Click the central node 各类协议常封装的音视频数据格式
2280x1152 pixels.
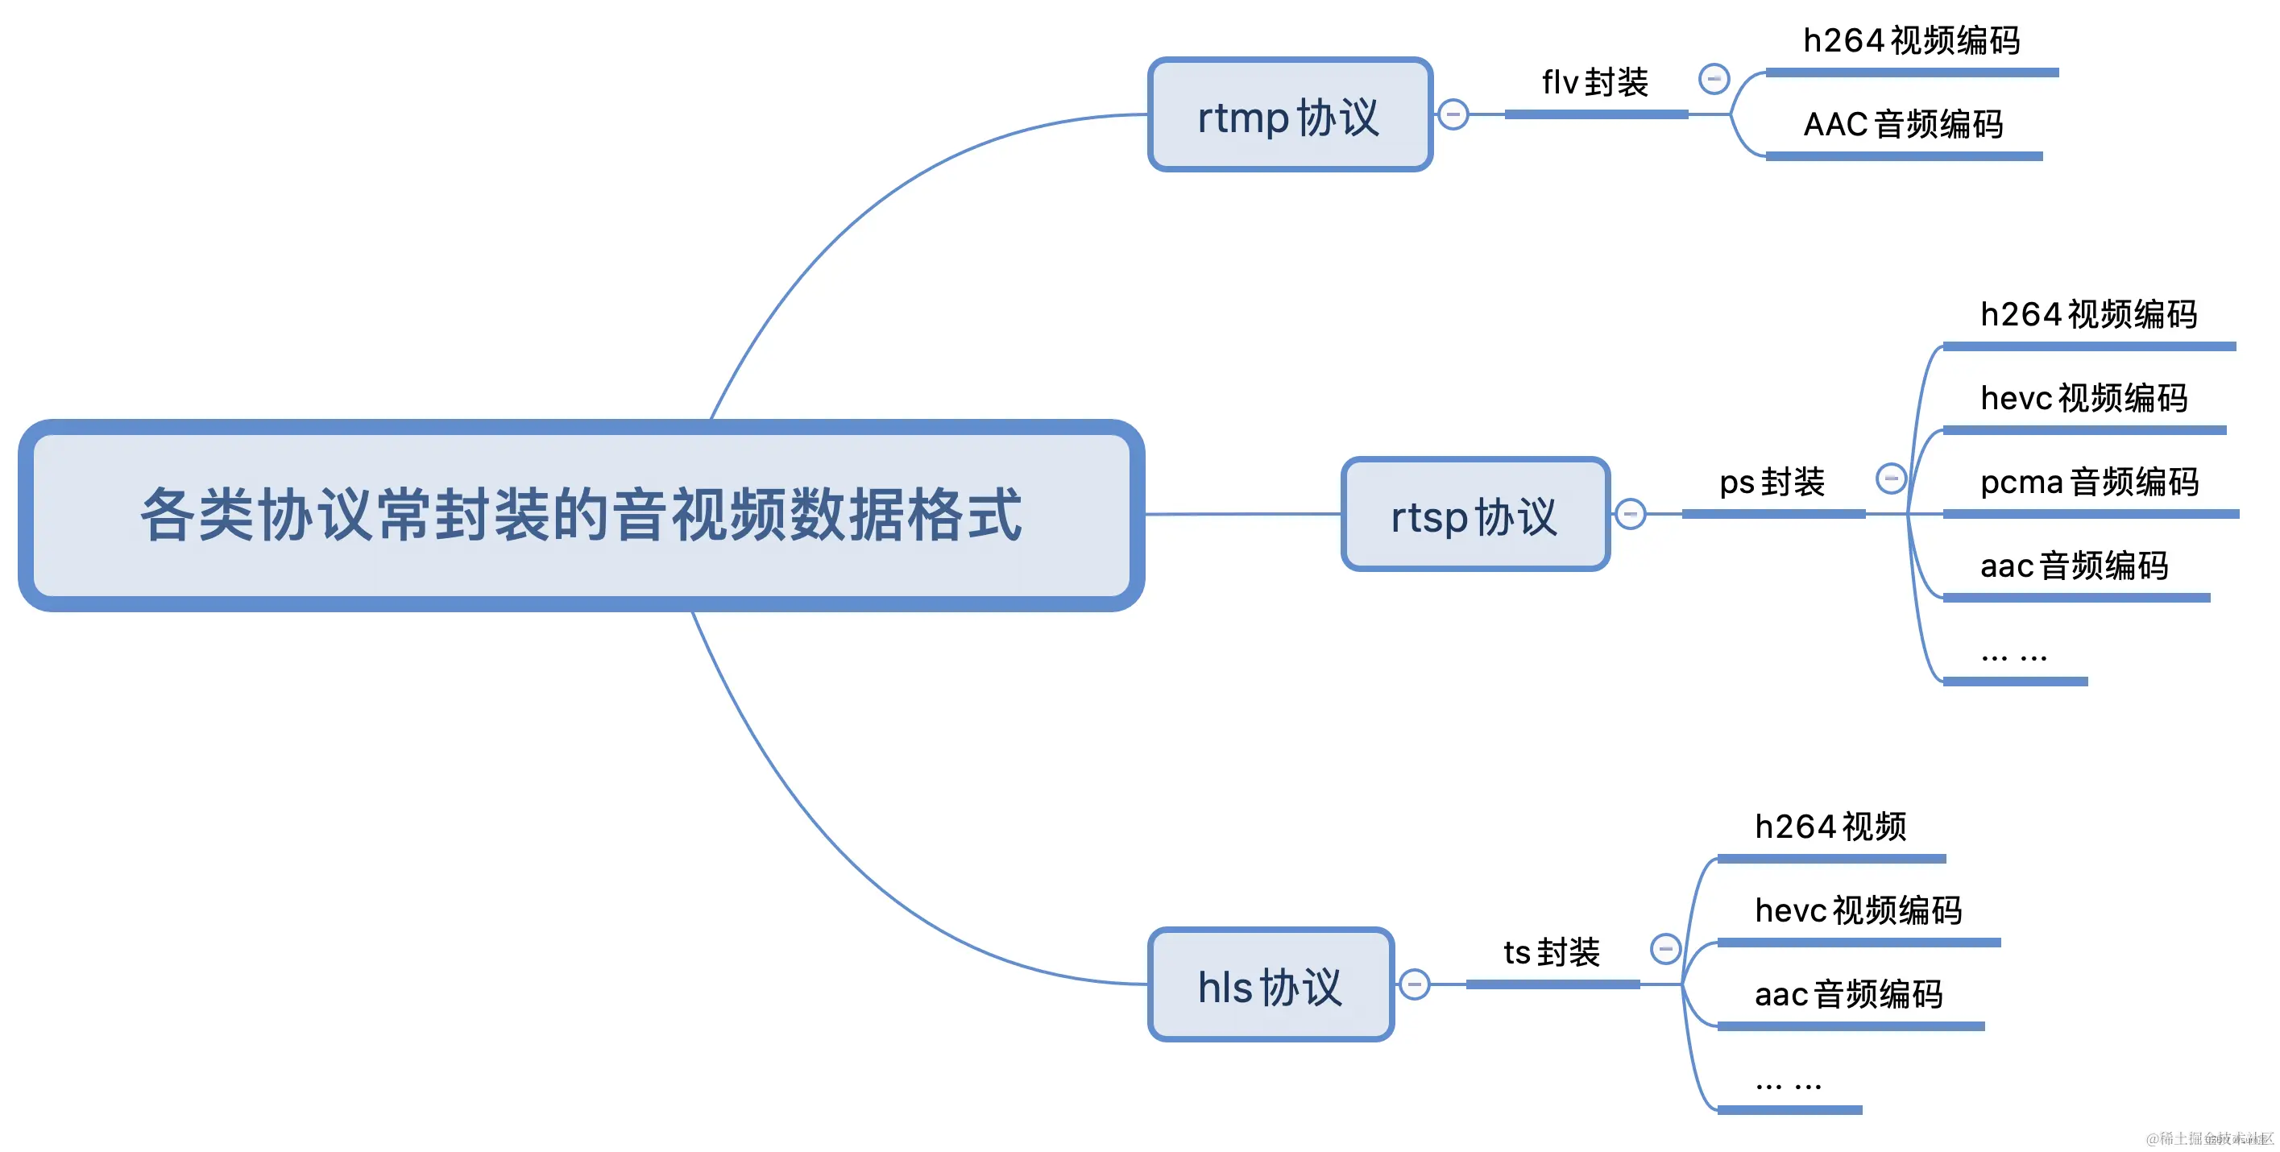coord(581,515)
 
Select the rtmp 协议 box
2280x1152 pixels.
coord(1289,115)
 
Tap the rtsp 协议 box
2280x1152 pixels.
coord(1474,515)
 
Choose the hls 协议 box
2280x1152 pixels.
coord(1270,984)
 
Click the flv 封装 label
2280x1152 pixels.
coord(1595,83)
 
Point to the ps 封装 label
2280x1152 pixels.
coord(1772,483)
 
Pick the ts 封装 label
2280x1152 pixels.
coord(1552,952)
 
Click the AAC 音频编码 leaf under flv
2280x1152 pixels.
coord(1903,125)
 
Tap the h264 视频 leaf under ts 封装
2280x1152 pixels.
coord(1830,827)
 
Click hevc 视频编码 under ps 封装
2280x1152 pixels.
coord(2083,398)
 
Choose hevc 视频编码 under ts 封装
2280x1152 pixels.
coord(1858,910)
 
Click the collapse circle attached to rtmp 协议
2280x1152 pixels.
coord(1453,115)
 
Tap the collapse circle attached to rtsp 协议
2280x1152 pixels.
coord(1631,514)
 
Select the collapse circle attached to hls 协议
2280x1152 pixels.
coord(1415,984)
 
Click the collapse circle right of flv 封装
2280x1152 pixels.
coord(1714,79)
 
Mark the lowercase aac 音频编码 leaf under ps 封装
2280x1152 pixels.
coord(2074,566)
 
